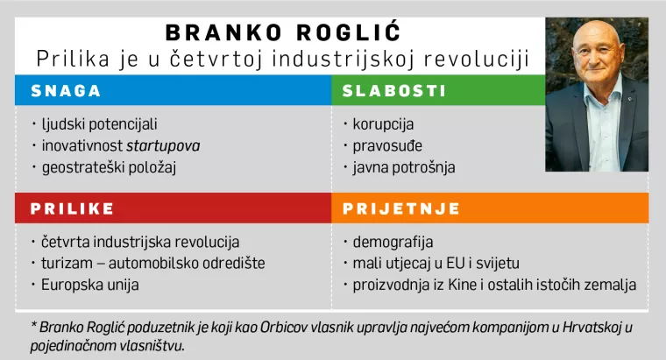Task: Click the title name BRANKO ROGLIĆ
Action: coord(283,33)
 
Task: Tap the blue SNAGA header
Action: coord(66,90)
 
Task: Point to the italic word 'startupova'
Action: coord(163,145)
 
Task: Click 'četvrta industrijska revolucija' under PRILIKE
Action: coord(139,242)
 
